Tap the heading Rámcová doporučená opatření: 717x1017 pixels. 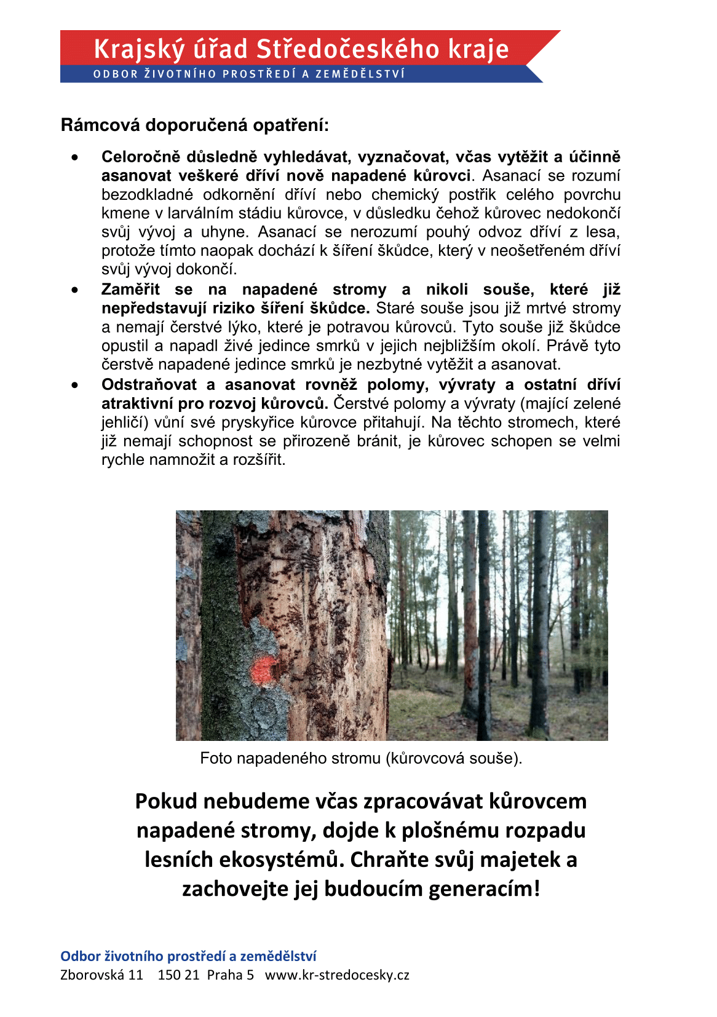(195, 125)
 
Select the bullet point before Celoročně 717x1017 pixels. (75, 157)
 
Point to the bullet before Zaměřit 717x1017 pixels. (75, 290)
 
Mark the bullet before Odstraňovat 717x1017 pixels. (75, 386)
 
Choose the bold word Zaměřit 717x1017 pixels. (130, 290)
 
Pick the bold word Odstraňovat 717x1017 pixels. (149, 385)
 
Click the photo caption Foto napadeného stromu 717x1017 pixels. (361, 758)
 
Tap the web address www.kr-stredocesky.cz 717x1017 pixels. (337, 975)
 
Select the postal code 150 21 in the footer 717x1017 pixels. (178, 975)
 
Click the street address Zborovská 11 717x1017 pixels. (101, 975)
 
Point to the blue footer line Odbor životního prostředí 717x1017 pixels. (188, 956)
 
